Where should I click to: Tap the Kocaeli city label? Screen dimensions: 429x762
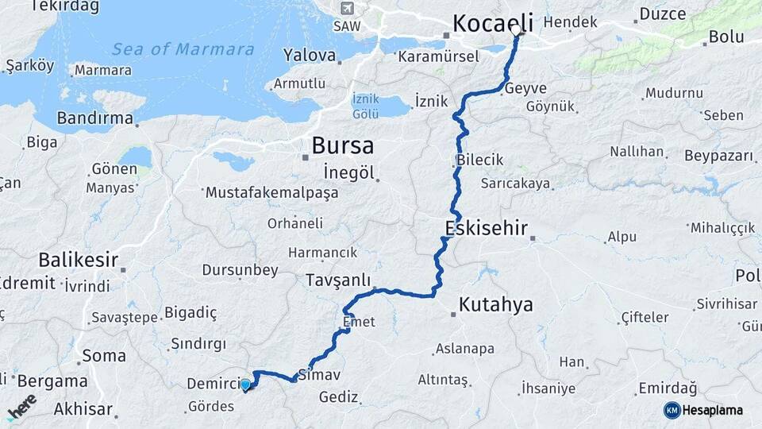[x=492, y=23]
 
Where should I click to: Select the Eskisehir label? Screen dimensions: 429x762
[x=486, y=230]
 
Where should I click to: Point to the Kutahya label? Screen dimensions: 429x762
[x=496, y=304]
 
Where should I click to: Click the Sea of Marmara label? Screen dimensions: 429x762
[x=183, y=49]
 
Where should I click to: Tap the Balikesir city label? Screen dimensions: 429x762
[x=78, y=260]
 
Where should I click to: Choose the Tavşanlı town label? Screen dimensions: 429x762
[x=338, y=280]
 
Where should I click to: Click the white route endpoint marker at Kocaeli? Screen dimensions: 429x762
[x=517, y=30]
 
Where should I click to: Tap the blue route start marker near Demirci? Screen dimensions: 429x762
[x=245, y=385]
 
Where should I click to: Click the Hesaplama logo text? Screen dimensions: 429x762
[x=712, y=411]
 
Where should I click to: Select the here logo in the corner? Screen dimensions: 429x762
[x=21, y=406]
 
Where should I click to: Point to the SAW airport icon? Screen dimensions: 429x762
[x=346, y=8]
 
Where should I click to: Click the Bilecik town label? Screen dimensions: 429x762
[x=480, y=160]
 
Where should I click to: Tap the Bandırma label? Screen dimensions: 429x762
[x=94, y=119]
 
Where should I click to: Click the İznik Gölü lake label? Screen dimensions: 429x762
[x=366, y=106]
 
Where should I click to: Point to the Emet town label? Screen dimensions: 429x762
[x=359, y=323]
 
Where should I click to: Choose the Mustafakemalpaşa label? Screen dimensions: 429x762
[x=271, y=193]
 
